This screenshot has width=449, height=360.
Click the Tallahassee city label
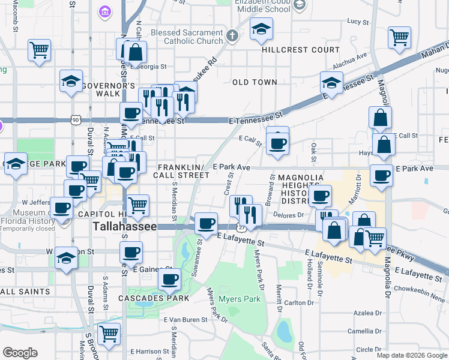click(124, 227)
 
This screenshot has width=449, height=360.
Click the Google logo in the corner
click(20, 353)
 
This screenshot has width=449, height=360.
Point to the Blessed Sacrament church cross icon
click(232, 36)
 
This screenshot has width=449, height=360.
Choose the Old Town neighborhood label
click(255, 82)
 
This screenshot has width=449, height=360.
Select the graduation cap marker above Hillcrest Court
click(261, 29)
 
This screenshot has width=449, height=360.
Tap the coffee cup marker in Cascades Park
click(170, 279)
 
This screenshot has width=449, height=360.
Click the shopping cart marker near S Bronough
click(109, 334)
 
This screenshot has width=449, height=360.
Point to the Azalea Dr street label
click(364, 314)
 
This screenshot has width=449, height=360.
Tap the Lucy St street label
click(357, 22)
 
